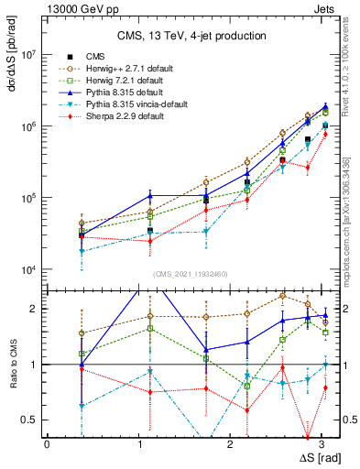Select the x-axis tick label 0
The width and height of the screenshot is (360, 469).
tap(47, 443)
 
